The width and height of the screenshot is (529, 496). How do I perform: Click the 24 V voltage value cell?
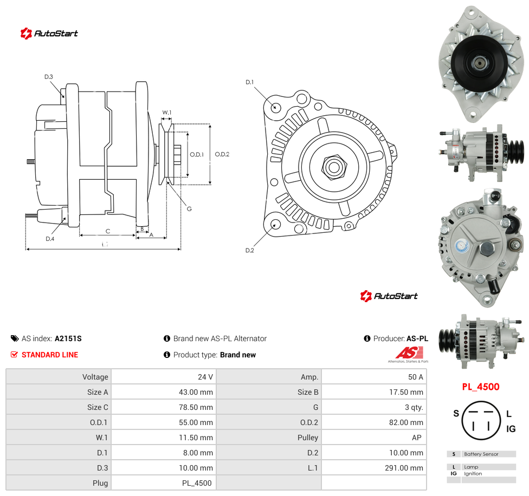(205, 377)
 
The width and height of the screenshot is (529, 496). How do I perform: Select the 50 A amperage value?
(415, 377)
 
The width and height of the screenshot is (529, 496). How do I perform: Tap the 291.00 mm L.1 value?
(404, 468)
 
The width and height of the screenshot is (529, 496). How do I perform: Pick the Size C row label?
(98, 407)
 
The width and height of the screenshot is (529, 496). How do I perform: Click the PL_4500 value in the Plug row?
(197, 483)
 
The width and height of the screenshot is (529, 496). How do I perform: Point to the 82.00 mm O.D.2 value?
(406, 422)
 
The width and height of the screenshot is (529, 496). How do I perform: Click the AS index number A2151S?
(68, 338)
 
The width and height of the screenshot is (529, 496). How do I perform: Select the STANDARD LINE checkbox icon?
(14, 355)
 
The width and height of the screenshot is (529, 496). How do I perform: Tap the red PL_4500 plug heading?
(480, 387)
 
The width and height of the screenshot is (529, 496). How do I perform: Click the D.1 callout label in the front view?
(249, 82)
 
